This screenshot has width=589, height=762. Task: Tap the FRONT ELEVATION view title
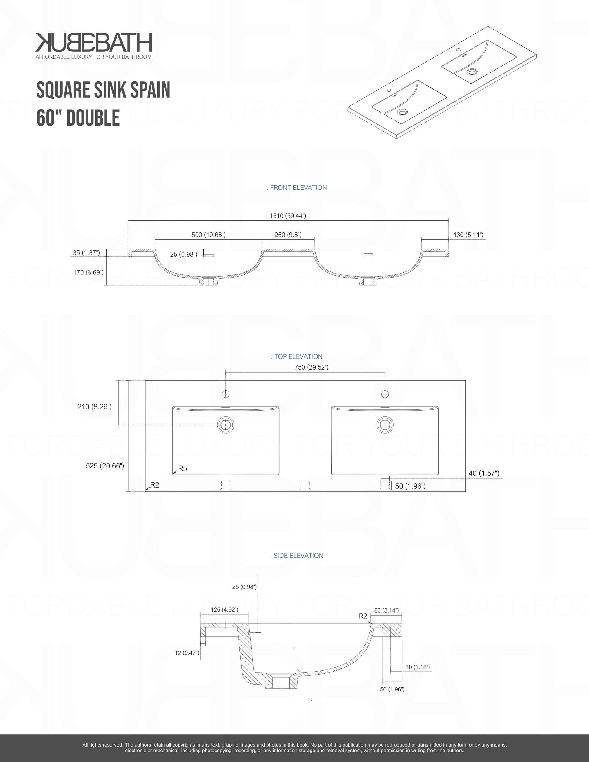[x=297, y=188]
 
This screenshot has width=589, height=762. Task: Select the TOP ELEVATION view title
[x=297, y=356]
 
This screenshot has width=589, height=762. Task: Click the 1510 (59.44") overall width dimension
[x=288, y=216]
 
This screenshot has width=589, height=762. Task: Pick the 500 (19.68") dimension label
[x=209, y=235]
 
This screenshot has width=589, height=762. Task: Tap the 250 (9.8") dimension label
[x=288, y=235]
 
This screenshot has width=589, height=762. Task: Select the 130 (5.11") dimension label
[x=468, y=235]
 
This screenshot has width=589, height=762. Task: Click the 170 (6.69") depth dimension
[x=88, y=272]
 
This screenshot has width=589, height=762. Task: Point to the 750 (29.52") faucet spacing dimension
[x=311, y=367]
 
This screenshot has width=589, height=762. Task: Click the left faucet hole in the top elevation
[x=226, y=394]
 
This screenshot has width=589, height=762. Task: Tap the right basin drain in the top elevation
[x=385, y=425]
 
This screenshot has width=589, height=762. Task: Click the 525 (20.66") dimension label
[x=105, y=466]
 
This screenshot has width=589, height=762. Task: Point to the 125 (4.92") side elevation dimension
[x=224, y=609]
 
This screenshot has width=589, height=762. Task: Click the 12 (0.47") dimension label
[x=187, y=653]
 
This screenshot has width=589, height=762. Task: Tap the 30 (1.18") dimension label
[x=418, y=667]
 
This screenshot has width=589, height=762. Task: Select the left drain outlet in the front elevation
[x=209, y=281]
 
